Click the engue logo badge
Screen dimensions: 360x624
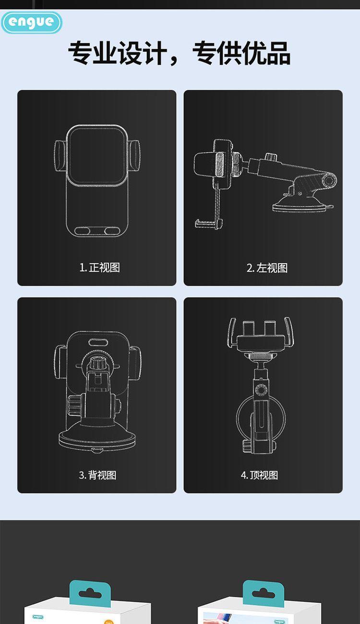pyautogui.click(x=32, y=22)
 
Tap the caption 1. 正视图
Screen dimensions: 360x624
pyautogui.click(x=99, y=267)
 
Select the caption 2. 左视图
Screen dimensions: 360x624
pyautogui.click(x=267, y=268)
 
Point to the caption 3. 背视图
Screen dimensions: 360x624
pyautogui.click(x=97, y=475)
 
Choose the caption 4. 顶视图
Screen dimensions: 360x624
pyautogui.click(x=259, y=475)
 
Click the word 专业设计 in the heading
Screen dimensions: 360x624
pyautogui.click(x=117, y=53)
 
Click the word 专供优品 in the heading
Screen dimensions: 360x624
pyautogui.click(x=241, y=53)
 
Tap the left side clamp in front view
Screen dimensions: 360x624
pyautogui.click(x=60, y=156)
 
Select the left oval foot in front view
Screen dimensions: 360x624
pyautogui.click(x=82, y=231)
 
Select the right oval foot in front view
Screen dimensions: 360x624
pyautogui.click(x=112, y=231)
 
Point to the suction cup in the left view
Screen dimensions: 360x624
pyautogui.click(x=302, y=204)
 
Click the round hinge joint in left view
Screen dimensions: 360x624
pyautogui.click(x=329, y=180)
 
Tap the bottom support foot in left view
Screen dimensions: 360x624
pyautogui.click(x=208, y=223)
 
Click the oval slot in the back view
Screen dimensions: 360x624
pyautogui.click(x=97, y=342)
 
